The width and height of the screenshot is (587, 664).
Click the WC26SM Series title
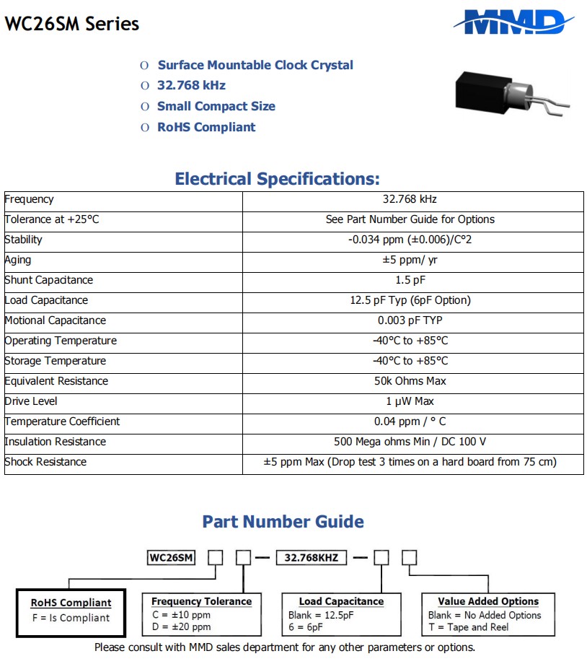click(x=72, y=24)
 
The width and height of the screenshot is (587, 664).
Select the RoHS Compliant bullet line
click(x=206, y=127)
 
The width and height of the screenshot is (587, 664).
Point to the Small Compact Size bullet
click(x=216, y=106)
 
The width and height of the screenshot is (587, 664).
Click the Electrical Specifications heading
click(x=277, y=179)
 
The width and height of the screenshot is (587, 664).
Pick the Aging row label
click(x=18, y=260)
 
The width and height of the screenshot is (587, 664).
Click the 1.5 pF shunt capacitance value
click(x=412, y=280)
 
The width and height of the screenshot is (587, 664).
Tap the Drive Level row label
click(x=31, y=401)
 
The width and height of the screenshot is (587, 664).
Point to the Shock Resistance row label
click(x=45, y=462)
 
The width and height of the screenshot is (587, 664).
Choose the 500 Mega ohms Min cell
click(x=410, y=442)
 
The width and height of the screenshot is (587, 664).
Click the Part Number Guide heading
click(x=283, y=522)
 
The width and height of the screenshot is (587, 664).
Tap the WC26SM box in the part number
click(x=172, y=558)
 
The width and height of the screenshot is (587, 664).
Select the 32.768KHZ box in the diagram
click(x=315, y=558)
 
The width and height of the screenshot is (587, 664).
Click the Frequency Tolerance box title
click(x=201, y=601)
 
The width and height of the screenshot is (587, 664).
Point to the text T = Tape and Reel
click(x=468, y=627)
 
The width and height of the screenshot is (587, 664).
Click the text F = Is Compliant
click(x=71, y=618)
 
